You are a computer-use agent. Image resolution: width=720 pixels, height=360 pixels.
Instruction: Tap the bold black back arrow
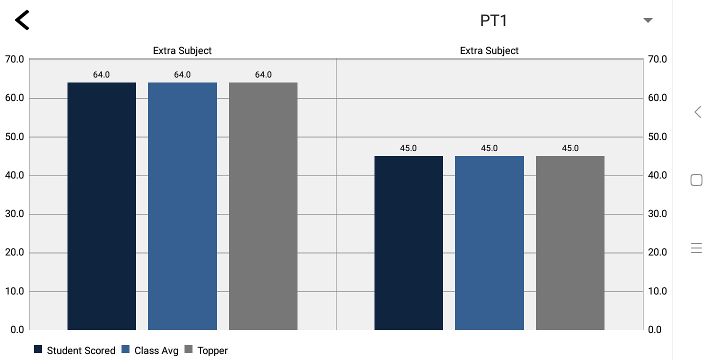coord(22,20)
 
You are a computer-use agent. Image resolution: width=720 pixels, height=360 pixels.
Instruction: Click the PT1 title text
coord(493,20)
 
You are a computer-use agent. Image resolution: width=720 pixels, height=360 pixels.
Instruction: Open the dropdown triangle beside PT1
coord(648,20)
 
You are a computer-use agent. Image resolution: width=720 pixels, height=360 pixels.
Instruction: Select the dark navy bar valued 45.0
coord(408,243)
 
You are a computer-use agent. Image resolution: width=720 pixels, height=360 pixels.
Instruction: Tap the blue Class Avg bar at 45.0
coord(489,243)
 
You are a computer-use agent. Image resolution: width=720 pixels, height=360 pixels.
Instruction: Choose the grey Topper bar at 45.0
coord(570,243)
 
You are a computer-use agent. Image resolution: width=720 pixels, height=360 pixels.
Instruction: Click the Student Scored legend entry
coord(75,350)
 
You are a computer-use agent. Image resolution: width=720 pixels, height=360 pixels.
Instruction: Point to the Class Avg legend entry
coord(150,350)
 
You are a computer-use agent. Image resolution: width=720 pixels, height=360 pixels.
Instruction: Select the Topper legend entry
coord(207,350)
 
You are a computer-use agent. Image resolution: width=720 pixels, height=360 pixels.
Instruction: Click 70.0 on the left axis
coord(14,59)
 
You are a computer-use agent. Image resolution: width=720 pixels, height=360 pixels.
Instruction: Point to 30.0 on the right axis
coord(657,213)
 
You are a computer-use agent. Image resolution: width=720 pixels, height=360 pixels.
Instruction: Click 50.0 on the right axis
coord(657,136)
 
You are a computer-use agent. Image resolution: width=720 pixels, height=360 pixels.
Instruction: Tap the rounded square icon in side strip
coord(696,180)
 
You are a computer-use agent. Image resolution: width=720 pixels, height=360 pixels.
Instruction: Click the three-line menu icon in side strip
coord(696,248)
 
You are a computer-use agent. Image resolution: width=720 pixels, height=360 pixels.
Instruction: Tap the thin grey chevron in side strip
coord(698,112)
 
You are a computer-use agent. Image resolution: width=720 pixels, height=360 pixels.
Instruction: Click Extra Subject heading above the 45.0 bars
coord(489,50)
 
